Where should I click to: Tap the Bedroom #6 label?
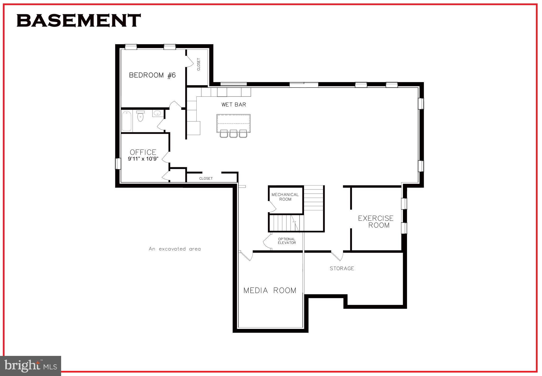[x=152, y=75]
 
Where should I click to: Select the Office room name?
[x=143, y=152]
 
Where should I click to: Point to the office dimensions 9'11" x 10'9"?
[x=143, y=159]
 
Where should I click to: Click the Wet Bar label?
[x=234, y=105]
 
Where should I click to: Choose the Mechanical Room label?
[x=285, y=197]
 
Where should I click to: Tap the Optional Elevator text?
[x=287, y=241]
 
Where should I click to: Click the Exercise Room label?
[x=376, y=222]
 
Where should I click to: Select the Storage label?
[x=342, y=268]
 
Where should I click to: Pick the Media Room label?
[x=270, y=291]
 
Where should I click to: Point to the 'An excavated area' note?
[x=175, y=249]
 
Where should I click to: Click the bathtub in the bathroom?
[x=127, y=121]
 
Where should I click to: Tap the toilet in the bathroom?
[x=140, y=116]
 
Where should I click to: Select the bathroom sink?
[x=157, y=114]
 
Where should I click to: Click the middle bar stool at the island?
[x=233, y=134]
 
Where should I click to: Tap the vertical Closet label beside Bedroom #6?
[x=198, y=64]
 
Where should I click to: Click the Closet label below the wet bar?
[x=206, y=179]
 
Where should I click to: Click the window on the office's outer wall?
[x=118, y=164]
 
